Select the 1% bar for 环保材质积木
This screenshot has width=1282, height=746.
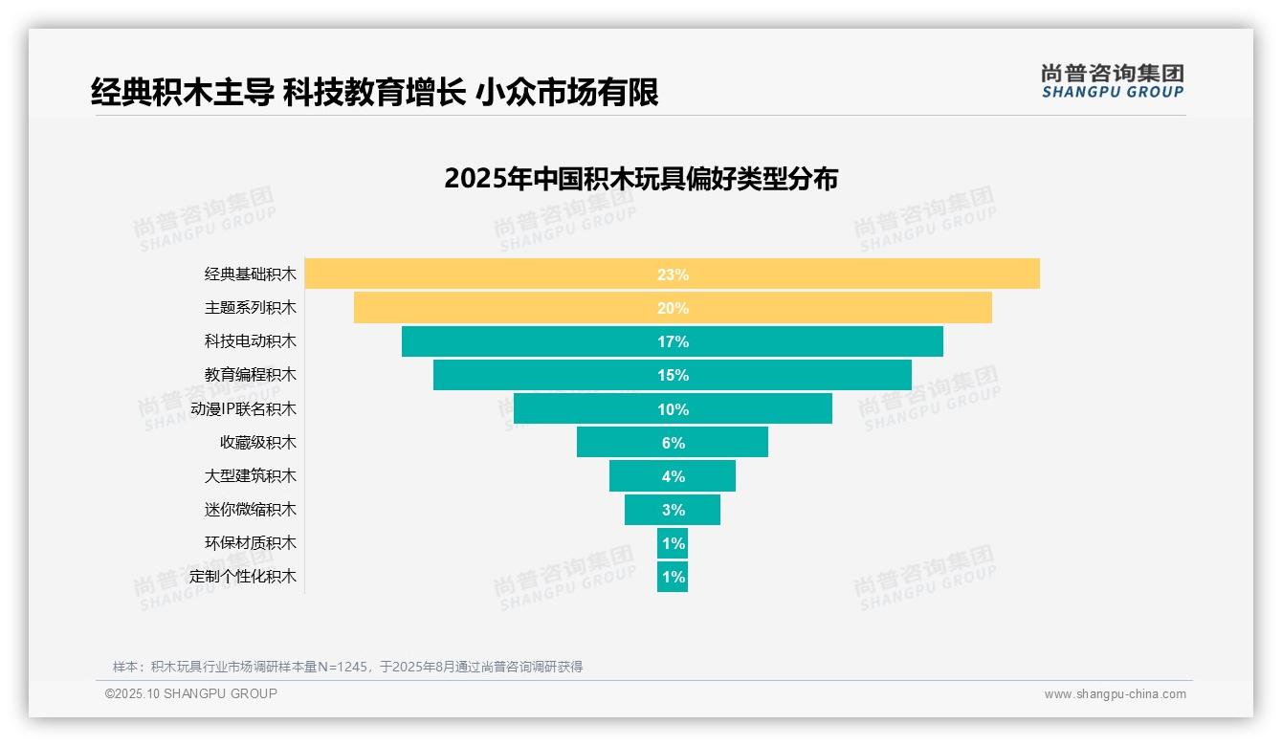673,543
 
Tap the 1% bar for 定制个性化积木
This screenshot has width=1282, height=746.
673,577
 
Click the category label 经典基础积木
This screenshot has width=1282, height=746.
251,274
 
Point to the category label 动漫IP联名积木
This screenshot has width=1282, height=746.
243,409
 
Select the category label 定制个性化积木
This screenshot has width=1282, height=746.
243,577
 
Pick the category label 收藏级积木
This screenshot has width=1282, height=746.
258,443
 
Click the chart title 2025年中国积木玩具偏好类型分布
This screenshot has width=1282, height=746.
641,179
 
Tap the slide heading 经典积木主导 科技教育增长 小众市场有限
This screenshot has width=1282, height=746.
374,93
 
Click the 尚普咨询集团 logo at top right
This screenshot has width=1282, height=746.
1112,81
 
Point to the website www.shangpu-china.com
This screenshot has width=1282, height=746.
1115,694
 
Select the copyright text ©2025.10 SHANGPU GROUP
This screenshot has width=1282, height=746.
191,693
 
